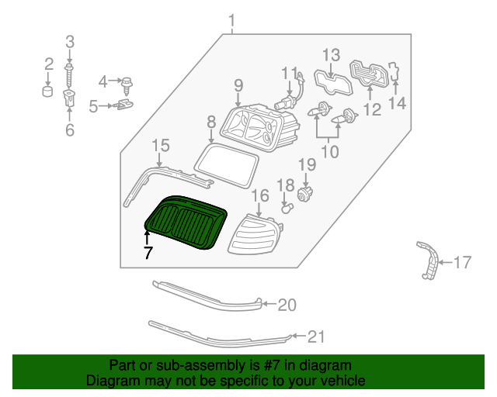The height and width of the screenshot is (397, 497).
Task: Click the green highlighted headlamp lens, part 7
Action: (186, 224)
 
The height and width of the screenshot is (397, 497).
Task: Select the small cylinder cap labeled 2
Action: (48, 93)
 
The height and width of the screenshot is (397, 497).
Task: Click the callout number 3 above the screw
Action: (70, 41)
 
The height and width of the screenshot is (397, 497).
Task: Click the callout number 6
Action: (70, 131)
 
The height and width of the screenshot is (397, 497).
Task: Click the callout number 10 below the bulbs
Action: (331, 152)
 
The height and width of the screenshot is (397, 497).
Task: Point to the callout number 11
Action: (290, 74)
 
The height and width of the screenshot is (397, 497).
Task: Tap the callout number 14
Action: (397, 102)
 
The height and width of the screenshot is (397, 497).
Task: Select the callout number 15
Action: (160, 145)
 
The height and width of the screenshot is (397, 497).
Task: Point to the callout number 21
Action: (315, 337)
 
